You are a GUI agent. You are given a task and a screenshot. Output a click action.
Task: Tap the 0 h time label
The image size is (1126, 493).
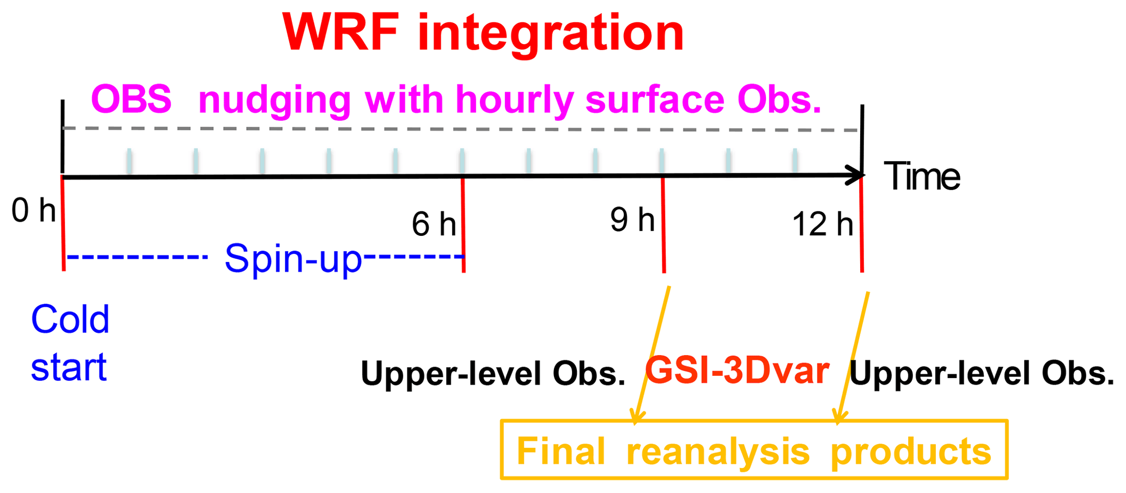point(34,211)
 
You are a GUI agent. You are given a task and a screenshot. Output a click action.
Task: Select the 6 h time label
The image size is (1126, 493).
point(434,224)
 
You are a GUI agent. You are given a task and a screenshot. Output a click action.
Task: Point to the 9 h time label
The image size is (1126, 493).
point(632,220)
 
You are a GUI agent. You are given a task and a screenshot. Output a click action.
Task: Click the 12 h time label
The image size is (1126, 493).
point(823,224)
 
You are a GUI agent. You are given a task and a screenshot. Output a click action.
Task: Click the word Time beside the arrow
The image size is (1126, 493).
point(922,176)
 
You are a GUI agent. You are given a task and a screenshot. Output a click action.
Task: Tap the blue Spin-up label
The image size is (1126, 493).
point(293,259)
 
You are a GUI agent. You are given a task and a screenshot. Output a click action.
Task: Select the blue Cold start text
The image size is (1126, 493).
point(70,343)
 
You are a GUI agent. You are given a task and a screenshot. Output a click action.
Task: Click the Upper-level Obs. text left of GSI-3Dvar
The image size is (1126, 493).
point(493,374)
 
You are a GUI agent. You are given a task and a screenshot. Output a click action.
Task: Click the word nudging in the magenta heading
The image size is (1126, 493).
point(275,101)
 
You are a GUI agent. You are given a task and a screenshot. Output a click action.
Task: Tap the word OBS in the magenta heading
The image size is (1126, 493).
point(131,99)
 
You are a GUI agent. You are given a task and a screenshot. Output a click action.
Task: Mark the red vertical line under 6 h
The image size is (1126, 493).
point(463,225)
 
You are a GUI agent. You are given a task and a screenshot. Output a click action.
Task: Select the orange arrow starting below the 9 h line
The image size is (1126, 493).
point(652,355)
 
